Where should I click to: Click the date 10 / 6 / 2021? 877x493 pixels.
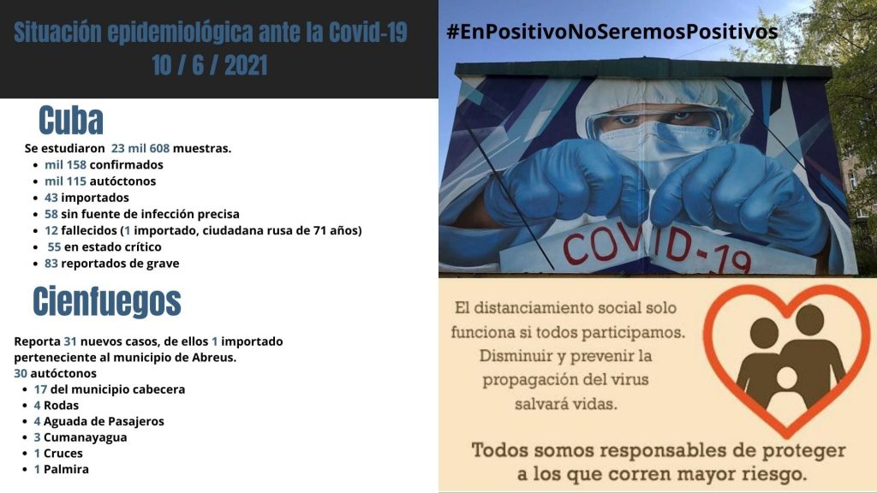pos(209,65)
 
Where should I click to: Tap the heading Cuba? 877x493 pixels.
pos(71,120)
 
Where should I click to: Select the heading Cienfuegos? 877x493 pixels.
pos(107,302)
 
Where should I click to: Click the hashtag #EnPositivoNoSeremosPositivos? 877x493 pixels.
pos(612,32)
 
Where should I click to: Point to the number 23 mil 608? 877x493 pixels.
pos(140,148)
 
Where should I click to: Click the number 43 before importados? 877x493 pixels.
pos(51,198)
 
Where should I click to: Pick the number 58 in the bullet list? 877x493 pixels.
pos(51,214)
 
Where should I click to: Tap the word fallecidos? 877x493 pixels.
pos(89,230)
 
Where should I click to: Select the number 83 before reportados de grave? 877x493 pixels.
pos(51,264)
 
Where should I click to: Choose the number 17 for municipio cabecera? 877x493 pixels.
pos(40,389)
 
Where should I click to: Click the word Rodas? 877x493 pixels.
pos(61,405)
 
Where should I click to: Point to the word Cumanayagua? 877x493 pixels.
pos(85,437)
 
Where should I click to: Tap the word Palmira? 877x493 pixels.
pos(66,469)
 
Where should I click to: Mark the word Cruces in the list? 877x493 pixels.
pos(63,454)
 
